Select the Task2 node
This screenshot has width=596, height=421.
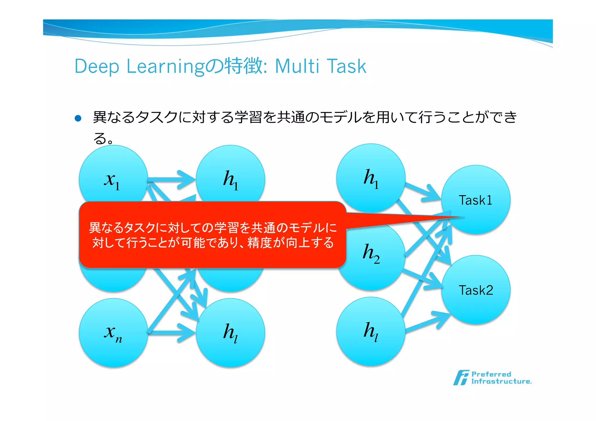click(476, 290)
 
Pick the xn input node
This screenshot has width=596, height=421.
click(113, 332)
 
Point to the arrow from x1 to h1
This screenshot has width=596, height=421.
click(172, 180)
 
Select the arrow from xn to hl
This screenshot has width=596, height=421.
click(172, 333)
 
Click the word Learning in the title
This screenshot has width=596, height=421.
click(165, 67)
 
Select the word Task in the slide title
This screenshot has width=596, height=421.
click(346, 66)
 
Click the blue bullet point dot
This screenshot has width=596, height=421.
click(78, 118)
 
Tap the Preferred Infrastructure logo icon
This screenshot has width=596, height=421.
click(461, 378)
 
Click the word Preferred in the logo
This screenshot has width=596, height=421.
click(491, 374)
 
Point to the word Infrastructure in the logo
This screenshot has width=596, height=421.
click(501, 381)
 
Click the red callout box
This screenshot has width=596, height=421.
click(212, 235)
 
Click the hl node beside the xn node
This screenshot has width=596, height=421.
click(230, 332)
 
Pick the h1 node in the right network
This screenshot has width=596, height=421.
click(371, 177)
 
